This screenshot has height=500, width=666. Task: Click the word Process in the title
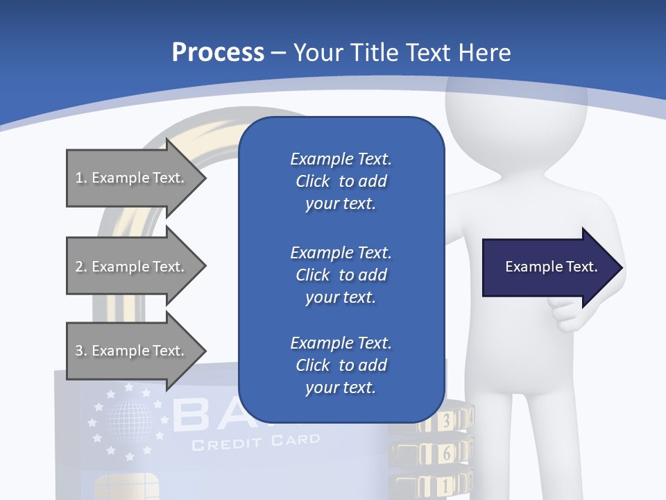click(x=218, y=53)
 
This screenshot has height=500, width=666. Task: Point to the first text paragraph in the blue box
click(x=341, y=181)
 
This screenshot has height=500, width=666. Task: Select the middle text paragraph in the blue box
click(x=341, y=275)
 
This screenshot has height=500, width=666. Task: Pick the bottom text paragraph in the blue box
click(x=341, y=365)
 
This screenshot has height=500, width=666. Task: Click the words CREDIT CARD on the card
click(x=256, y=441)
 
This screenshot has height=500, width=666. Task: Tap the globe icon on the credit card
click(x=128, y=422)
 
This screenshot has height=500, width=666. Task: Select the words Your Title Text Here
click(x=402, y=53)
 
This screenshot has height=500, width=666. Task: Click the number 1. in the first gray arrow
click(x=80, y=178)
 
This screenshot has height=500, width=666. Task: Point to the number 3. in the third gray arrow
click(x=80, y=351)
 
